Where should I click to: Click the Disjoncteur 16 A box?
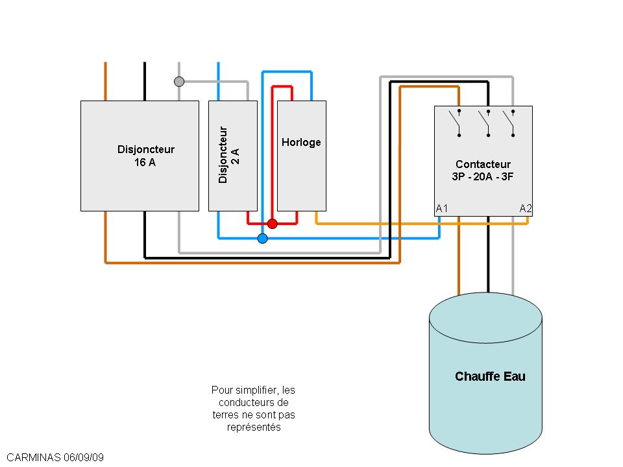(140, 156)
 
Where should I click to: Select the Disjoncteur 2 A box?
(232, 156)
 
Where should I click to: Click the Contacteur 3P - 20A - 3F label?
(483, 170)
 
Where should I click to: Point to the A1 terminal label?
(442, 208)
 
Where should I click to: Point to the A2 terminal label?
(526, 208)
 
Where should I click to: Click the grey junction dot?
(179, 82)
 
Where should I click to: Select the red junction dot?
(273, 224)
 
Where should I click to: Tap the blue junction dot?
(262, 239)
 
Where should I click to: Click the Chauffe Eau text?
(490, 376)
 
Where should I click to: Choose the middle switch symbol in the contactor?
(487, 123)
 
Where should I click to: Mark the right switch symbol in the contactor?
(513, 123)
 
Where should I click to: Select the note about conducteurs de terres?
(254, 409)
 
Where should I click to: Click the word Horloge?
(301, 142)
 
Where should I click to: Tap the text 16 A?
(145, 162)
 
